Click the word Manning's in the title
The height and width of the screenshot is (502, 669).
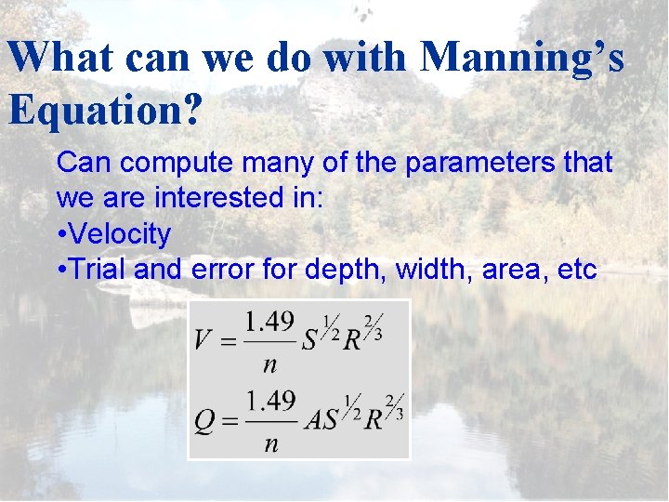(522, 58)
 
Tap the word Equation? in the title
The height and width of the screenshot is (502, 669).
(105, 110)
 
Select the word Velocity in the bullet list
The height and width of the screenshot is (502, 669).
(120, 234)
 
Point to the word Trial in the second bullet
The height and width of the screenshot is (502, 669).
(98, 270)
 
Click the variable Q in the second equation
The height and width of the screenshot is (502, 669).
(205, 419)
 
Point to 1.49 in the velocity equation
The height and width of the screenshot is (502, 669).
(269, 323)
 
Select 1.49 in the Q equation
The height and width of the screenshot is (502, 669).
(270, 403)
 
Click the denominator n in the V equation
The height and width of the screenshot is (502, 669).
(269, 363)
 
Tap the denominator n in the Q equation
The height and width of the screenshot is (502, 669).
(270, 443)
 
